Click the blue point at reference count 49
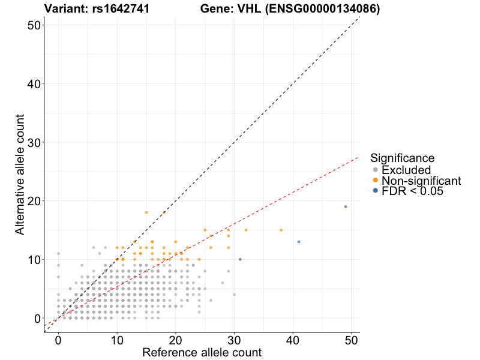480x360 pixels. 346,206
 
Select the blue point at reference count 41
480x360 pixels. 299,242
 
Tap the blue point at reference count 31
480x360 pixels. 240,259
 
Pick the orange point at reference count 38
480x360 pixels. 281,230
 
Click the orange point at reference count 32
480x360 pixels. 246,230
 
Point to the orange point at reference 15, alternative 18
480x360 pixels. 146,212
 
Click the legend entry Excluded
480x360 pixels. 406,170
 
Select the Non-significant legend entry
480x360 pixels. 421,180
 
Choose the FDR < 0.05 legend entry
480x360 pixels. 412,190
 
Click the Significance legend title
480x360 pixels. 403,158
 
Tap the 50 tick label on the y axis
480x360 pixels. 34,25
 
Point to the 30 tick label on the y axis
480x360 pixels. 34,142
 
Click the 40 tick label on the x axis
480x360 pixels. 293,340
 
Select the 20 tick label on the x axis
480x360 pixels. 175,340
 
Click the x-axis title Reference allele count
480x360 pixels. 202,352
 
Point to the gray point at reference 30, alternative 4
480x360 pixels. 234,295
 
